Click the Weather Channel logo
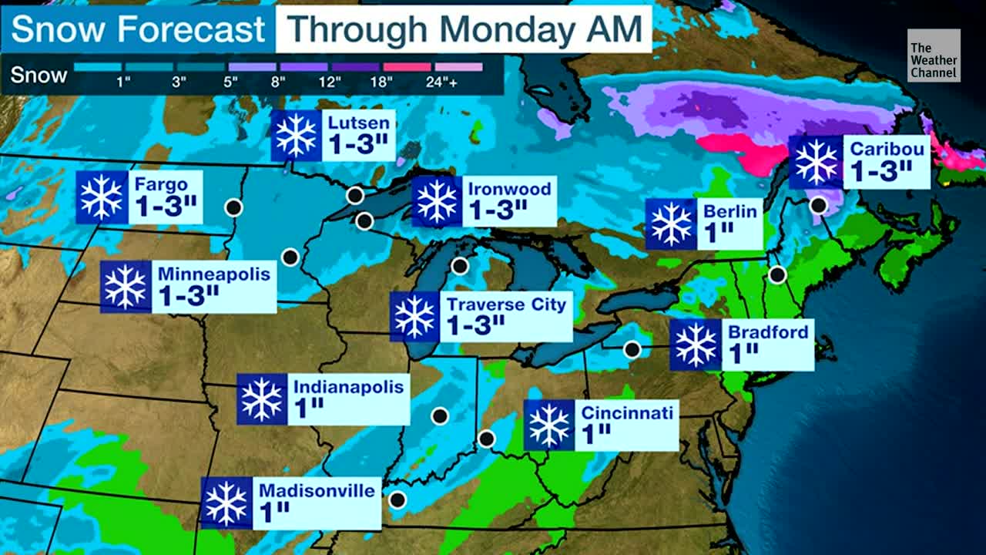pyautogui.click(x=934, y=55)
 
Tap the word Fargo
pyautogui.click(x=159, y=185)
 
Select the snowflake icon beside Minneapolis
pyautogui.click(x=126, y=287)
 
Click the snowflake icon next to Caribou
pyautogui.click(x=816, y=162)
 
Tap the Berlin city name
pyautogui.click(x=730, y=210)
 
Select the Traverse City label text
pyautogui.click(x=506, y=304)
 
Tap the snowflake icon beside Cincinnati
pyautogui.click(x=549, y=425)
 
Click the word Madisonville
pyautogui.click(x=317, y=490)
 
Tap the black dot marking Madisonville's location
pyautogui.click(x=397, y=499)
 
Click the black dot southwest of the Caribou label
pyautogui.click(x=819, y=205)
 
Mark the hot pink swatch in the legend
pyautogui.click(x=407, y=67)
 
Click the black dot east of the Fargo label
pyautogui.click(x=233, y=207)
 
